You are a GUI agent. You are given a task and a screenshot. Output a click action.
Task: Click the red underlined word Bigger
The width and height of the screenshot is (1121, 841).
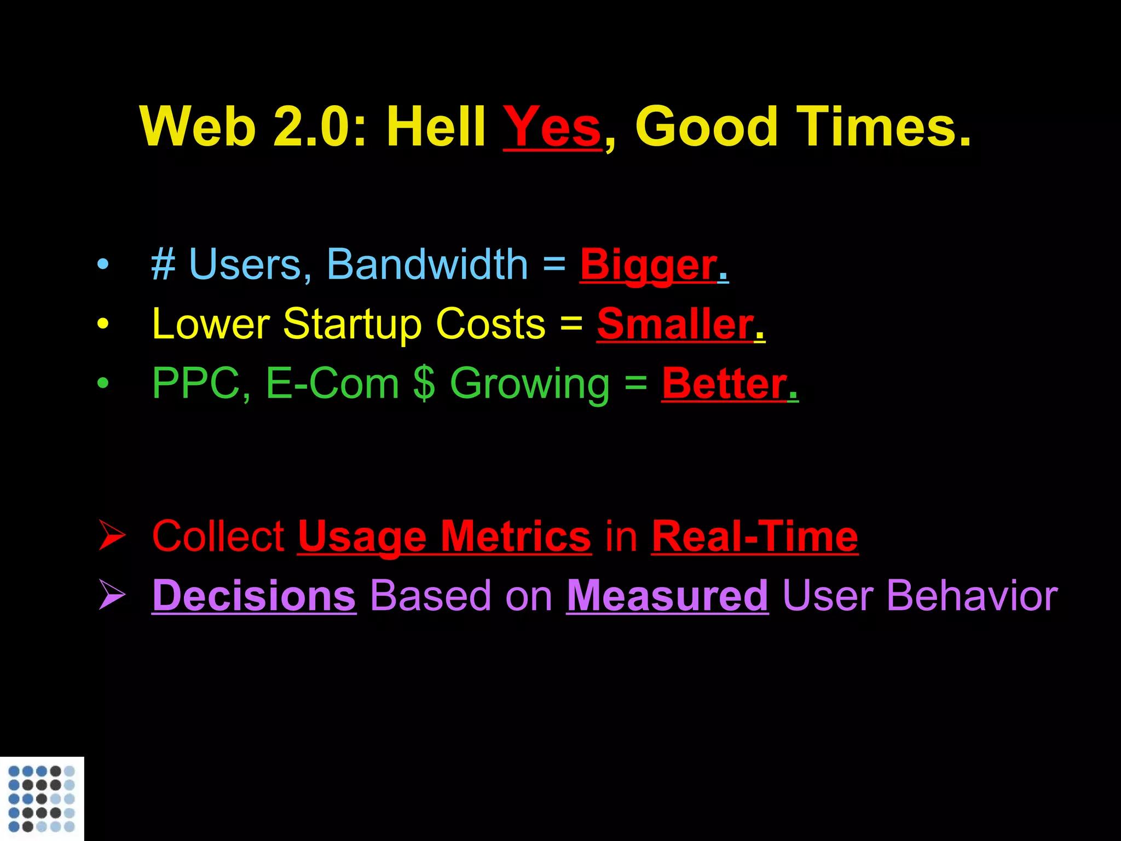[x=649, y=264]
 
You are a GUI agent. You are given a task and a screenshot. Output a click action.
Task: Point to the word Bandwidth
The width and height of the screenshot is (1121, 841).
[x=427, y=264]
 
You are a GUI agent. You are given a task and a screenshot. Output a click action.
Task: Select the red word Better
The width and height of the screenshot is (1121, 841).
[x=724, y=383]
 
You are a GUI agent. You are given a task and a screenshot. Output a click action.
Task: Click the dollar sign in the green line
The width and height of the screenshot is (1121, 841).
[x=424, y=383]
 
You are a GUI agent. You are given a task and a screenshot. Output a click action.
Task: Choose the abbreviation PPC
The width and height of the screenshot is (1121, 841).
[x=196, y=383]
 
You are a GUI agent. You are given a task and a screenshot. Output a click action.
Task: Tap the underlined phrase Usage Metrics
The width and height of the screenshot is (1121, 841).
[x=444, y=537]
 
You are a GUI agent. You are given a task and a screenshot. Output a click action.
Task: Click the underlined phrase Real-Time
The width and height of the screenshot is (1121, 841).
[x=755, y=537]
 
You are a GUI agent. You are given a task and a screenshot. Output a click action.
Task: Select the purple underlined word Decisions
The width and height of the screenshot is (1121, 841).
[x=254, y=596]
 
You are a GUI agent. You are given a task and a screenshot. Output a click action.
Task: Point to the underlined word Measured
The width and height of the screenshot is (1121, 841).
[x=667, y=596]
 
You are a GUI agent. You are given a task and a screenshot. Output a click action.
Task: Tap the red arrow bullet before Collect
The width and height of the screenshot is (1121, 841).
[x=112, y=536]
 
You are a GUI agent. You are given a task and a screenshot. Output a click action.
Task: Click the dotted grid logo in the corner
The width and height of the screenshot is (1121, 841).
[x=42, y=799]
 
